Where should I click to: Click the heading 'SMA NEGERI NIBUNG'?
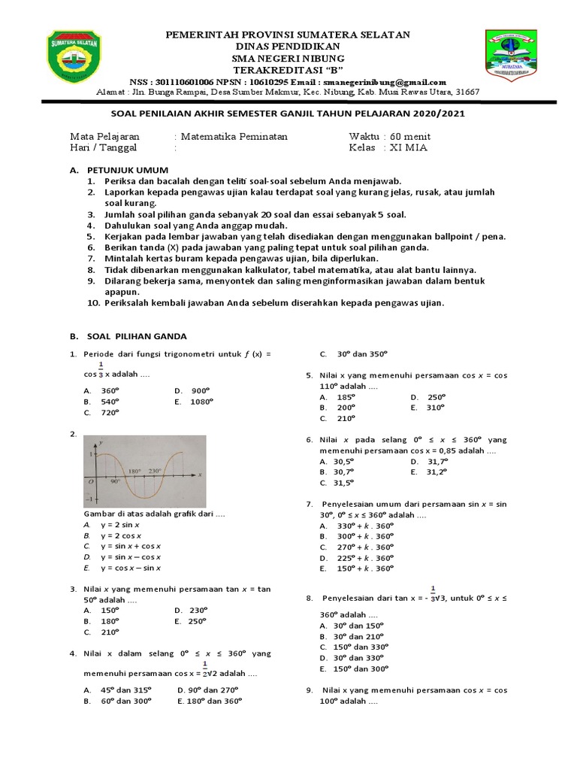[288, 59]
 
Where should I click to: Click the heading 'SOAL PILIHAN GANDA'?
[137, 336]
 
